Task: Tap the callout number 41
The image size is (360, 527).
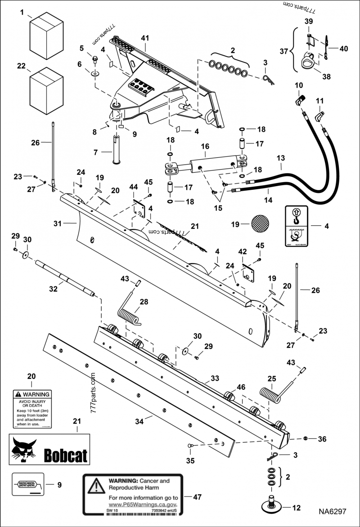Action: point(144,39)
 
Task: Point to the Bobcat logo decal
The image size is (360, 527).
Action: point(49,450)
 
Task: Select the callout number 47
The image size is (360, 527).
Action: point(197,497)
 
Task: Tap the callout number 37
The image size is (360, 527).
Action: point(284,52)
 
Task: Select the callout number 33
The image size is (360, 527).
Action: point(215,379)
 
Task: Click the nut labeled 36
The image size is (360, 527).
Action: point(306,438)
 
